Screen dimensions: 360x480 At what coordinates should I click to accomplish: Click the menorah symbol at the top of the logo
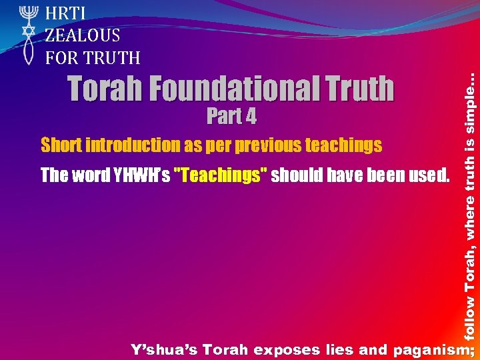pyautogui.click(x=28, y=14)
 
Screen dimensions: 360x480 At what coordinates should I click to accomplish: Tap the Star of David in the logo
pyautogui.click(x=28, y=31)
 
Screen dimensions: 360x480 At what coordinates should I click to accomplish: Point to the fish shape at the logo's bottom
pyautogui.click(x=28, y=51)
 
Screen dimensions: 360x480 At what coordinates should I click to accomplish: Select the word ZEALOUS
pyautogui.click(x=83, y=35)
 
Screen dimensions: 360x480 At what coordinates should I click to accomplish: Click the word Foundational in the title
pyautogui.click(x=231, y=89)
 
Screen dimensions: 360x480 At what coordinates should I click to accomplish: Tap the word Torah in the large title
pyautogui.click(x=107, y=89)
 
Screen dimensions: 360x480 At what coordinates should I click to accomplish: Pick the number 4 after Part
pyautogui.click(x=250, y=117)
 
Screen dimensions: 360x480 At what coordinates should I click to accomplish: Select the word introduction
pyautogui.click(x=130, y=145)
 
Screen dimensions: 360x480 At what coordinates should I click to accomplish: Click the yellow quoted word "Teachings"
pyautogui.click(x=221, y=175)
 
